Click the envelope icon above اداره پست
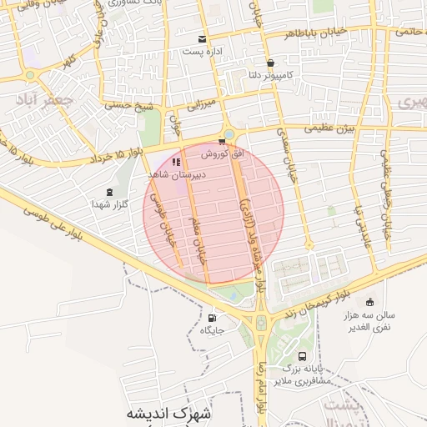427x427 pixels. pyautogui.click(x=202, y=39)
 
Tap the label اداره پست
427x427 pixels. pyautogui.click(x=202, y=52)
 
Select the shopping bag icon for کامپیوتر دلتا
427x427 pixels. pyautogui.click(x=270, y=63)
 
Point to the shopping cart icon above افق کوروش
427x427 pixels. pyautogui.click(x=221, y=142)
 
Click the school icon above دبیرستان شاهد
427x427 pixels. pyautogui.click(x=176, y=161)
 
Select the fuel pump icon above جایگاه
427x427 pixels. pyautogui.click(x=211, y=317)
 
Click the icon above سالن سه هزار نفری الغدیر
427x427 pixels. pyautogui.click(x=369, y=302)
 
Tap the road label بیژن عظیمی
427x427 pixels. pyautogui.click(x=329, y=128)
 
